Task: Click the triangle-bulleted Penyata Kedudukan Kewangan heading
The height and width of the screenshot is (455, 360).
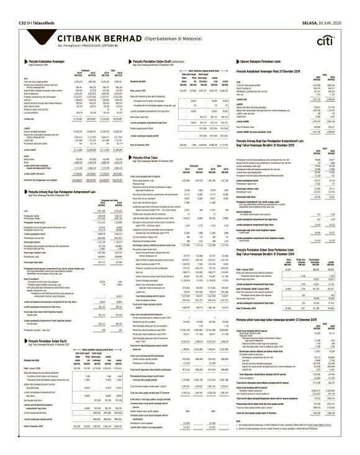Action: (37, 63)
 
